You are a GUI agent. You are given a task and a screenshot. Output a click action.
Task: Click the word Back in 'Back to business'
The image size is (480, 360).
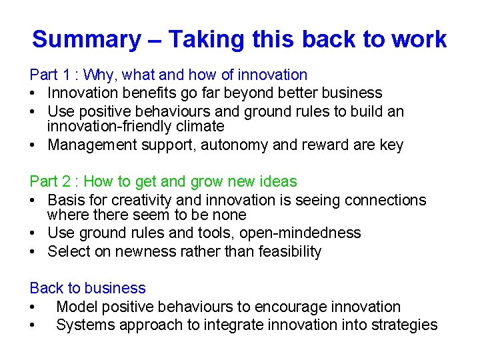coord(46,288)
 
